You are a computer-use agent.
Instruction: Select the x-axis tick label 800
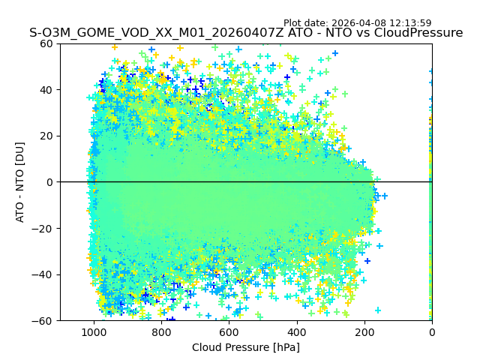pos(161,331)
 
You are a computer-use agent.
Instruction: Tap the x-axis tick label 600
pos(229,331)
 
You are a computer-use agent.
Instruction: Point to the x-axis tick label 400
pos(297,331)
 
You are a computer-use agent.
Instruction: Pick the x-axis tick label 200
pos(364,331)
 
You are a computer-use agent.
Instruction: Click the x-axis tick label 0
pos(432,331)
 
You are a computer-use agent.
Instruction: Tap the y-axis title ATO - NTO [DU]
pos(20,182)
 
